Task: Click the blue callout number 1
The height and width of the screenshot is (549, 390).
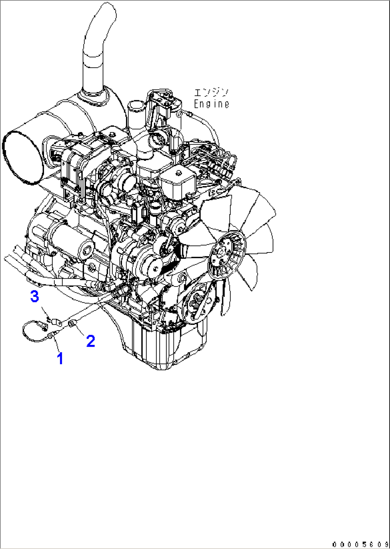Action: tap(60, 358)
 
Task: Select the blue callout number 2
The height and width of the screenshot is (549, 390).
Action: tap(91, 341)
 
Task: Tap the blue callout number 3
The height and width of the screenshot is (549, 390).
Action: tap(34, 296)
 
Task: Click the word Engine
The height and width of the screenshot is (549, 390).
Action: tap(211, 104)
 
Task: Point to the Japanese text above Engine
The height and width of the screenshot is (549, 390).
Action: tap(211, 93)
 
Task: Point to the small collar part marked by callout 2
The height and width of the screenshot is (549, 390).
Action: tap(71, 324)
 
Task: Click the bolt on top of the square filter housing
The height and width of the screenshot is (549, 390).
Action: tap(179, 173)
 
